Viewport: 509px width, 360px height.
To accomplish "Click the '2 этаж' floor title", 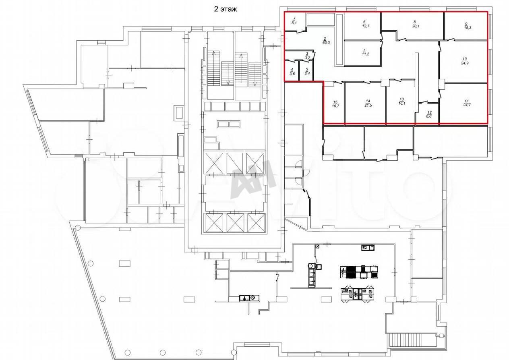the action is [226, 9].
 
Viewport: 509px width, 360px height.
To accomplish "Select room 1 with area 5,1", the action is [295, 21].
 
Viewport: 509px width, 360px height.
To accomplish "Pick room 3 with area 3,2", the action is [300, 55].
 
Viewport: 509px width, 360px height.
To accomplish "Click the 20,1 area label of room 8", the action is [416, 26].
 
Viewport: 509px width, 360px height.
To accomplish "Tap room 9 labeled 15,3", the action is [466, 26].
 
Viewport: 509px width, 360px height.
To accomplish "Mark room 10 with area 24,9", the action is [463, 61].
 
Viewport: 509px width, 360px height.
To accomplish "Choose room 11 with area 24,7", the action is [463, 103].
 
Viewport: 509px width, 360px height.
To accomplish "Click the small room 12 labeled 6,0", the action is [428, 113].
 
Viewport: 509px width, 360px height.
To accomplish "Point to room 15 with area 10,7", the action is [334, 103].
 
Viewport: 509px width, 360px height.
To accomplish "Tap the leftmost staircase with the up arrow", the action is [213, 68].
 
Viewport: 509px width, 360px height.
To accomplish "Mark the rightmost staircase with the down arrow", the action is [255, 74].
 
